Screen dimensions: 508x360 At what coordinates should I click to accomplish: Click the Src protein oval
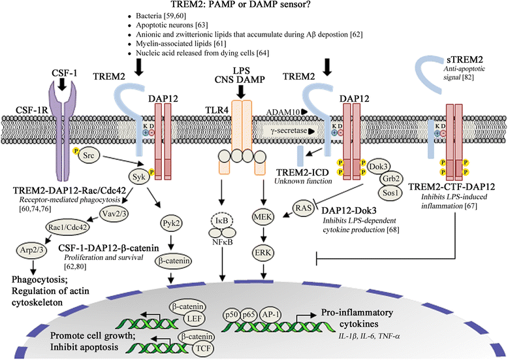click(88, 155)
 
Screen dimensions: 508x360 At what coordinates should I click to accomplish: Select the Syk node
click(139, 177)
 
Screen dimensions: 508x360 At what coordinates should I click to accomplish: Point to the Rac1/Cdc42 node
click(67, 227)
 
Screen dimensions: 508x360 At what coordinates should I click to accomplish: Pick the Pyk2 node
click(170, 223)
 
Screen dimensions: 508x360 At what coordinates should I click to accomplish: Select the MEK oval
click(263, 217)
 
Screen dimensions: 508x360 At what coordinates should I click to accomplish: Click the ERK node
click(263, 253)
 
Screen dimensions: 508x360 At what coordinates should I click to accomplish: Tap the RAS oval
click(304, 208)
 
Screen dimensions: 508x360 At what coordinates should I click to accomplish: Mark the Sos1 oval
click(390, 193)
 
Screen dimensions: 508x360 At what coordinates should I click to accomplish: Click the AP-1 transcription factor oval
click(270, 314)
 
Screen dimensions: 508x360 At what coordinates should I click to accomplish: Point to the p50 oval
click(231, 315)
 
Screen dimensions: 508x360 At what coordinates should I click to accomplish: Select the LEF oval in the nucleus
click(195, 318)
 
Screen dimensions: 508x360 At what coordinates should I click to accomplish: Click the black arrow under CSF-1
click(62, 84)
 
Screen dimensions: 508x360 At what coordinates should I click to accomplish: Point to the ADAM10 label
click(283, 112)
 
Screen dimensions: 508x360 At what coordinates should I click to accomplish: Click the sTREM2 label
click(463, 59)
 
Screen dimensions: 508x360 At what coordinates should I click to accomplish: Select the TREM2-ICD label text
click(302, 172)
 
